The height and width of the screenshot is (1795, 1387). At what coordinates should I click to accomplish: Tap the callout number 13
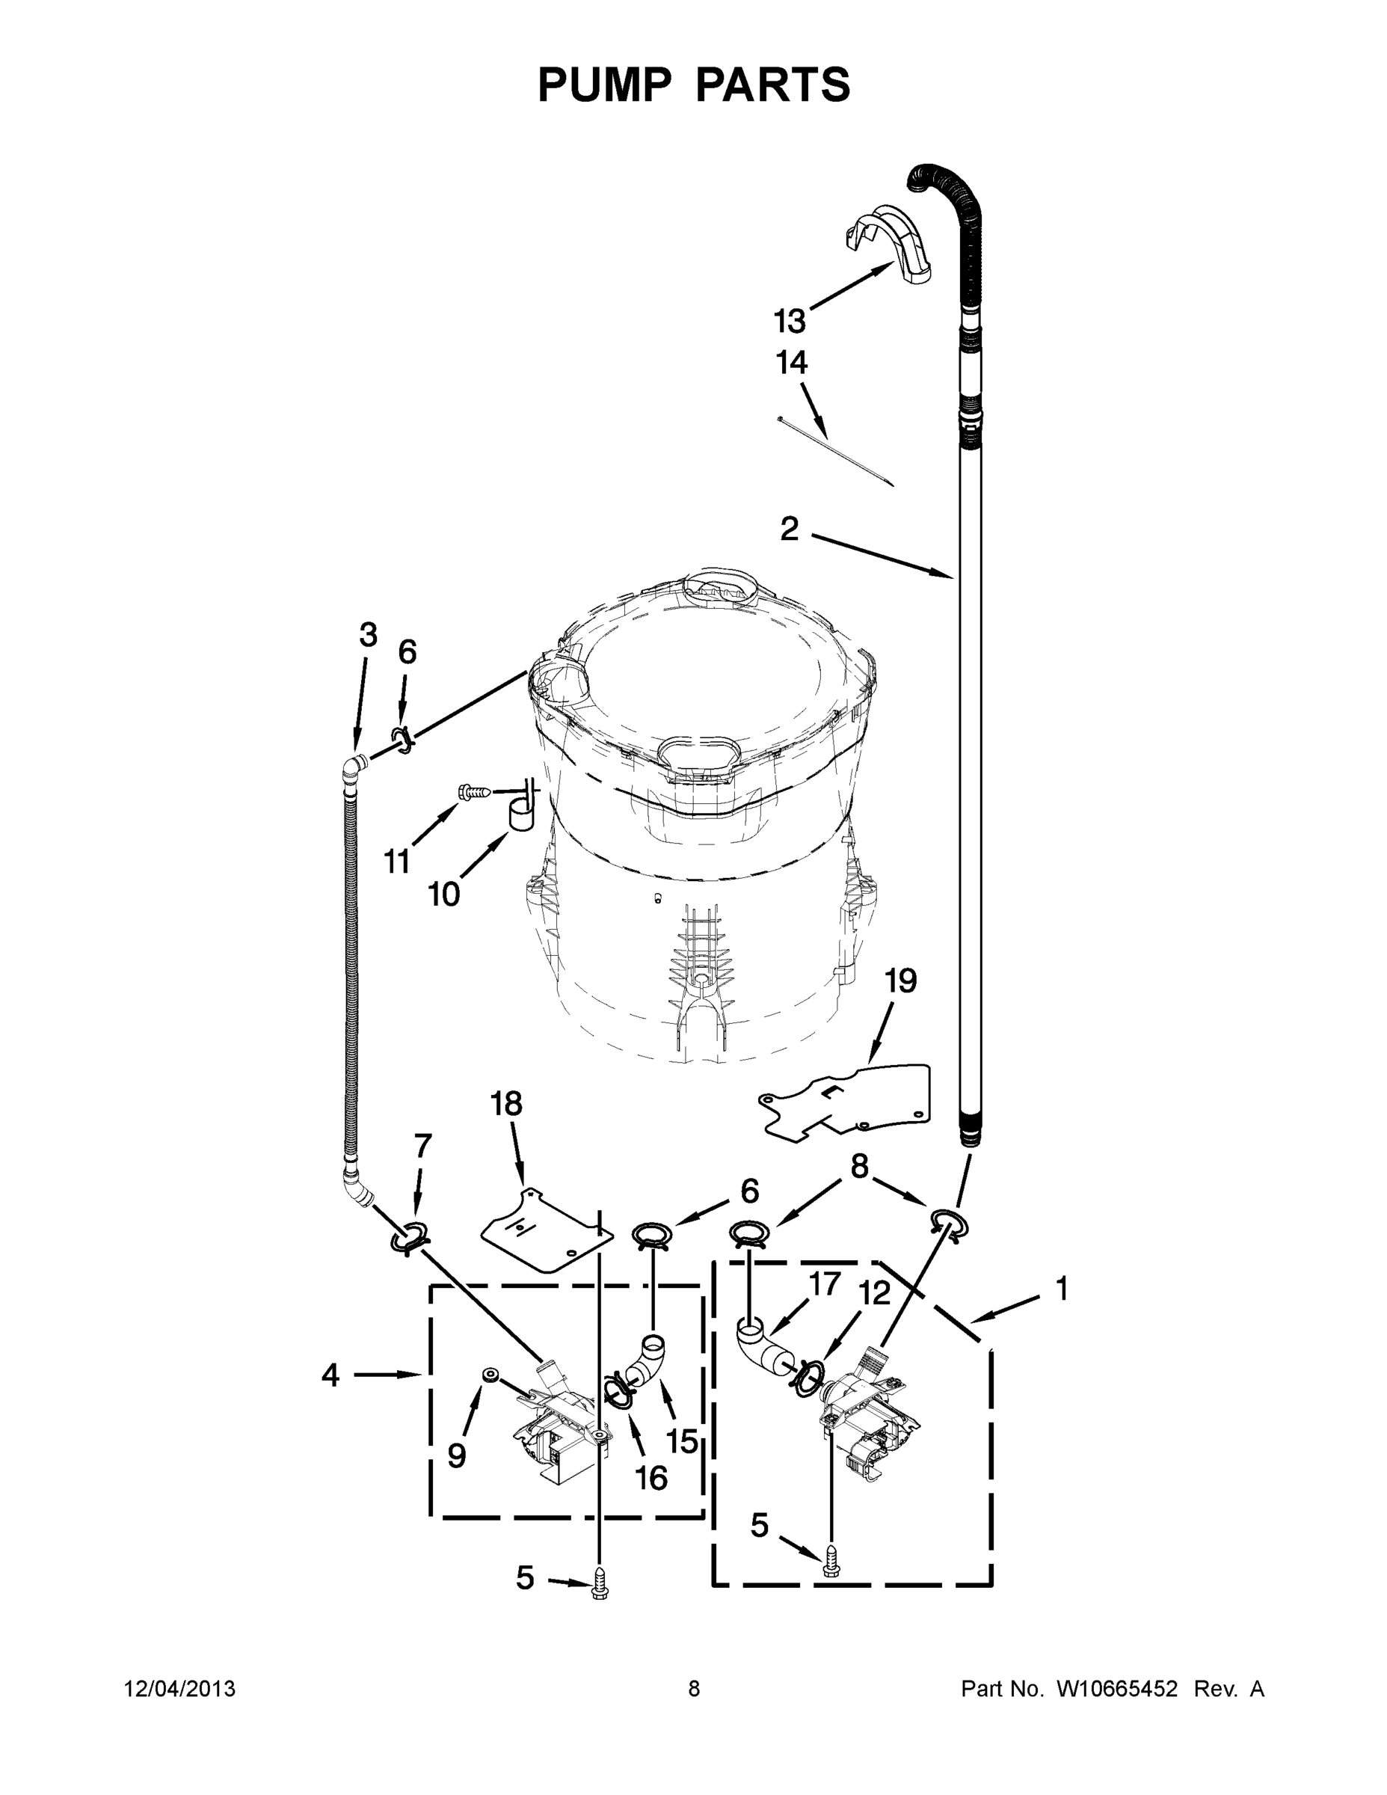point(790,322)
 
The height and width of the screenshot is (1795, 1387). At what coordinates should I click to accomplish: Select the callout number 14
point(791,363)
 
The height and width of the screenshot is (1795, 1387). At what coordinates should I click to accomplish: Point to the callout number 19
point(900,981)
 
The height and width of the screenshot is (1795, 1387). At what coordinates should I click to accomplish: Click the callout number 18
point(506,1104)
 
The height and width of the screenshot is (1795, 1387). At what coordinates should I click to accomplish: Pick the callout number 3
point(368,634)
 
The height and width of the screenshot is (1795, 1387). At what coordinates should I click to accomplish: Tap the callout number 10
point(443,895)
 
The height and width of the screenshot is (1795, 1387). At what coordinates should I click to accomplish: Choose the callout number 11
point(397,862)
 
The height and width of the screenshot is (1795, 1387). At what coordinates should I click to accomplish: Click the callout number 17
point(824,1283)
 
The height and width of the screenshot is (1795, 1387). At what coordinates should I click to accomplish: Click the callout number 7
point(422,1145)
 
